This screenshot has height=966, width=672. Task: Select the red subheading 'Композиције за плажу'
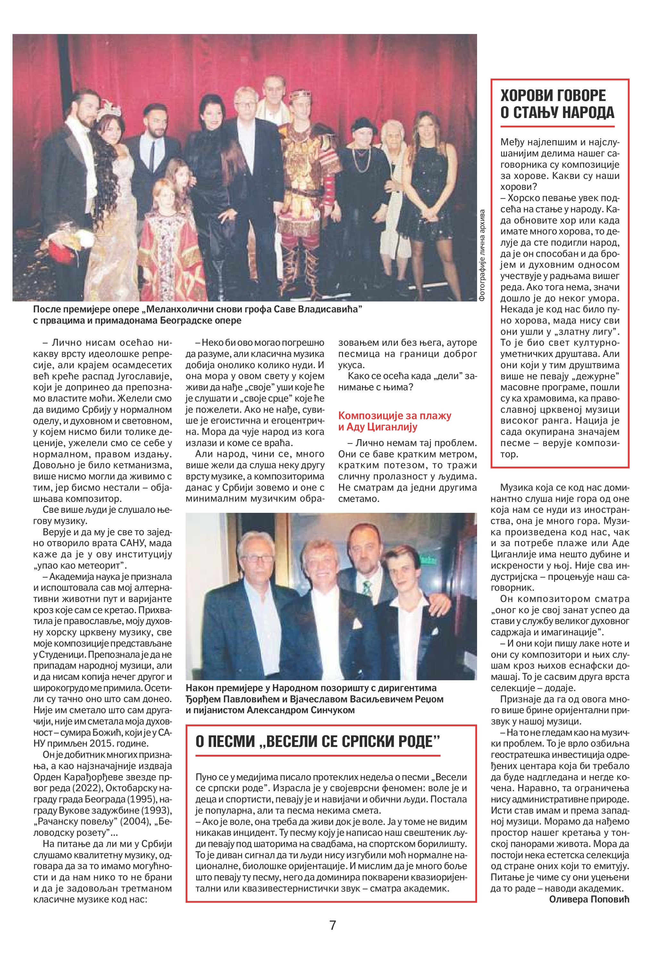tap(394, 416)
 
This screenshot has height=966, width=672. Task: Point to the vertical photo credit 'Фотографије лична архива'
tap(482, 255)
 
